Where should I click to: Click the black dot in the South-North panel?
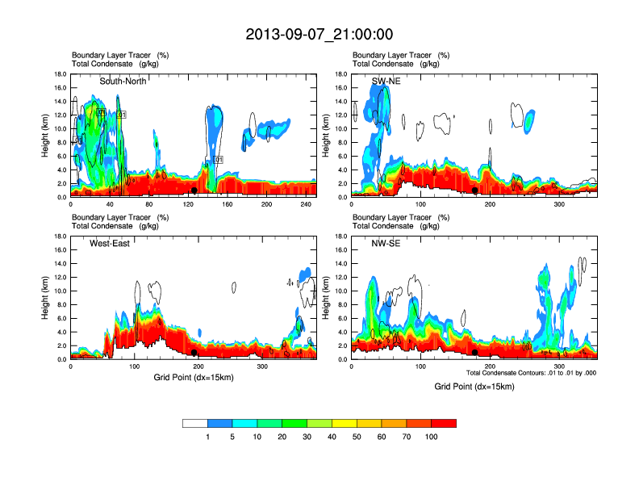coord(194,190)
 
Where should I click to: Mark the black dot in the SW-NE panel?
coord(475,190)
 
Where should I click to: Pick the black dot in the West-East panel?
coord(195,353)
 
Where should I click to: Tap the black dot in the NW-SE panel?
coord(475,353)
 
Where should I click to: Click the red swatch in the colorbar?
coord(444,423)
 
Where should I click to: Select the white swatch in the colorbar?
coord(195,423)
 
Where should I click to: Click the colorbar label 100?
coord(432,437)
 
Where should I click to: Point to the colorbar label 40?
coord(332,437)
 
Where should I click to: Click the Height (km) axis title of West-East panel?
coord(44,297)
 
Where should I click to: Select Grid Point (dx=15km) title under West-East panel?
coord(193,376)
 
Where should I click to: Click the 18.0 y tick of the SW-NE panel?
coord(341,74)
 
